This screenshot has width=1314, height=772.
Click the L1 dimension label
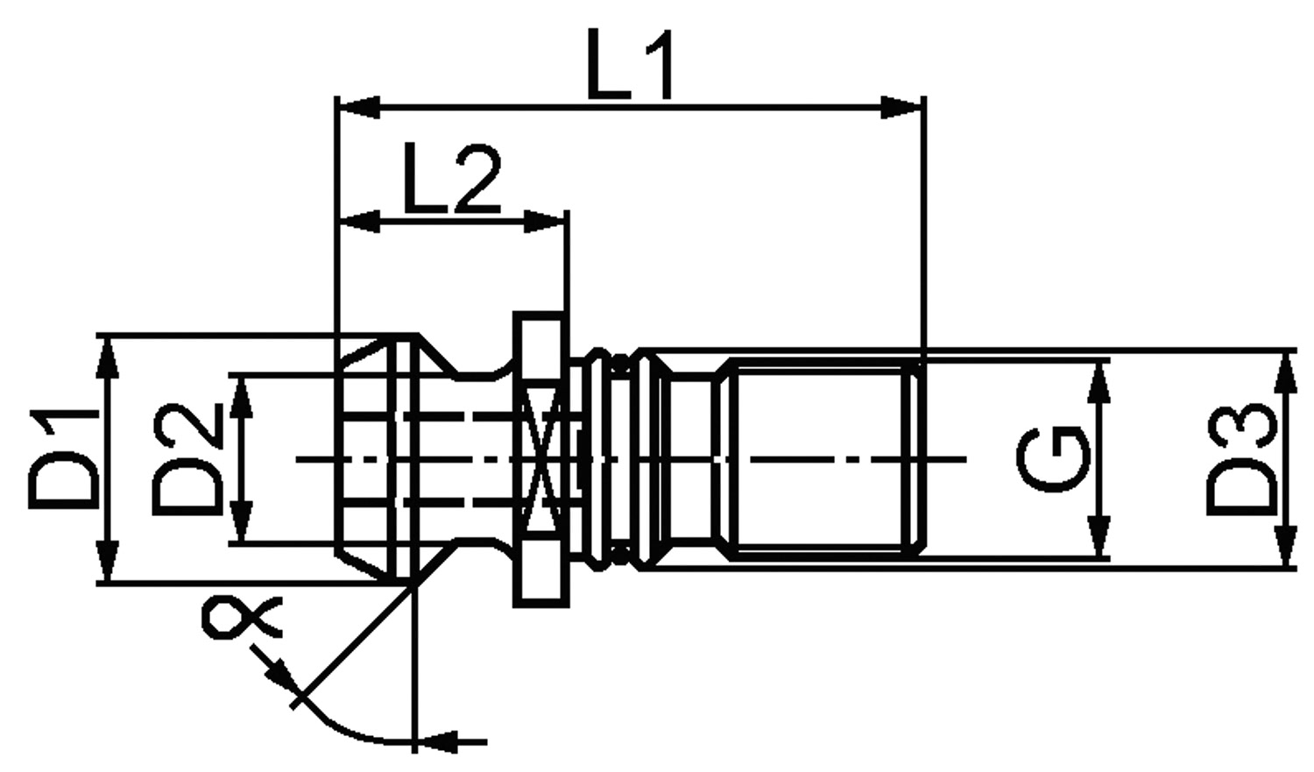click(630, 65)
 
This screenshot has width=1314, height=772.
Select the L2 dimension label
click(453, 179)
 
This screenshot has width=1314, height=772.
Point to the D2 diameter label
click(187, 458)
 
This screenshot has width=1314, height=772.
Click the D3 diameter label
click(1241, 459)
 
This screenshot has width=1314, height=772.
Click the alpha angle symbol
click(241, 617)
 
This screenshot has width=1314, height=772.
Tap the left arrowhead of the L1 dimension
click(359, 108)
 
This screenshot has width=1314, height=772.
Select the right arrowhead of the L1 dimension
click(901, 108)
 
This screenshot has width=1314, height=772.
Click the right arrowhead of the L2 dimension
click(544, 223)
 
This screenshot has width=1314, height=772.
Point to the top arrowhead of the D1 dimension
click(108, 358)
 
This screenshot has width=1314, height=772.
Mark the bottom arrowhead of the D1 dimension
click(108, 562)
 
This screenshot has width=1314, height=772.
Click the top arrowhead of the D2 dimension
click(241, 397)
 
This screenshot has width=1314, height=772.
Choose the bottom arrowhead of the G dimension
click(1099, 535)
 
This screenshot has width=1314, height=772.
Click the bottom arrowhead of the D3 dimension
click(1287, 546)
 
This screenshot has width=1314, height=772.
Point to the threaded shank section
click(823, 460)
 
